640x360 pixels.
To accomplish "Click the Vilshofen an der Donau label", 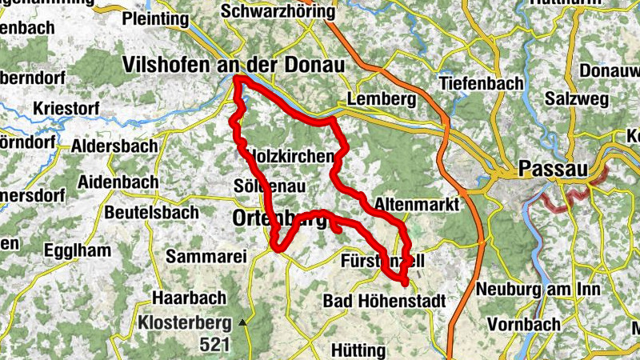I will (x=233, y=64).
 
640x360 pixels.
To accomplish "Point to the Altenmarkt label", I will (x=417, y=205).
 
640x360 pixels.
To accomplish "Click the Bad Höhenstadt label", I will (x=385, y=301).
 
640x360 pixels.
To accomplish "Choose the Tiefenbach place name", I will (x=481, y=83).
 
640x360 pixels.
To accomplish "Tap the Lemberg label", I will (x=382, y=100).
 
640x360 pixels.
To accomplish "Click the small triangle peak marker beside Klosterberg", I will (x=242, y=322).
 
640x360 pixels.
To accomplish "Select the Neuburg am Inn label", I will (x=529, y=289).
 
